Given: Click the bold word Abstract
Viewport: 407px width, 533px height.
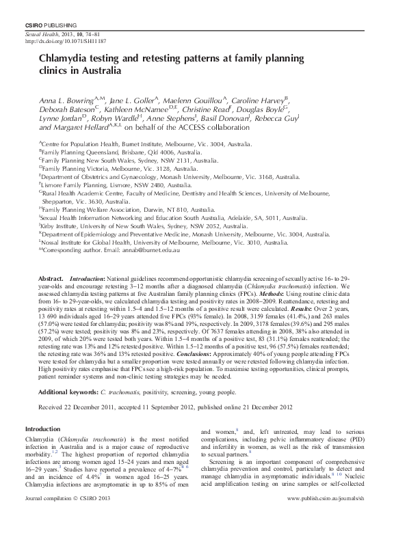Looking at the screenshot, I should (51, 280).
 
